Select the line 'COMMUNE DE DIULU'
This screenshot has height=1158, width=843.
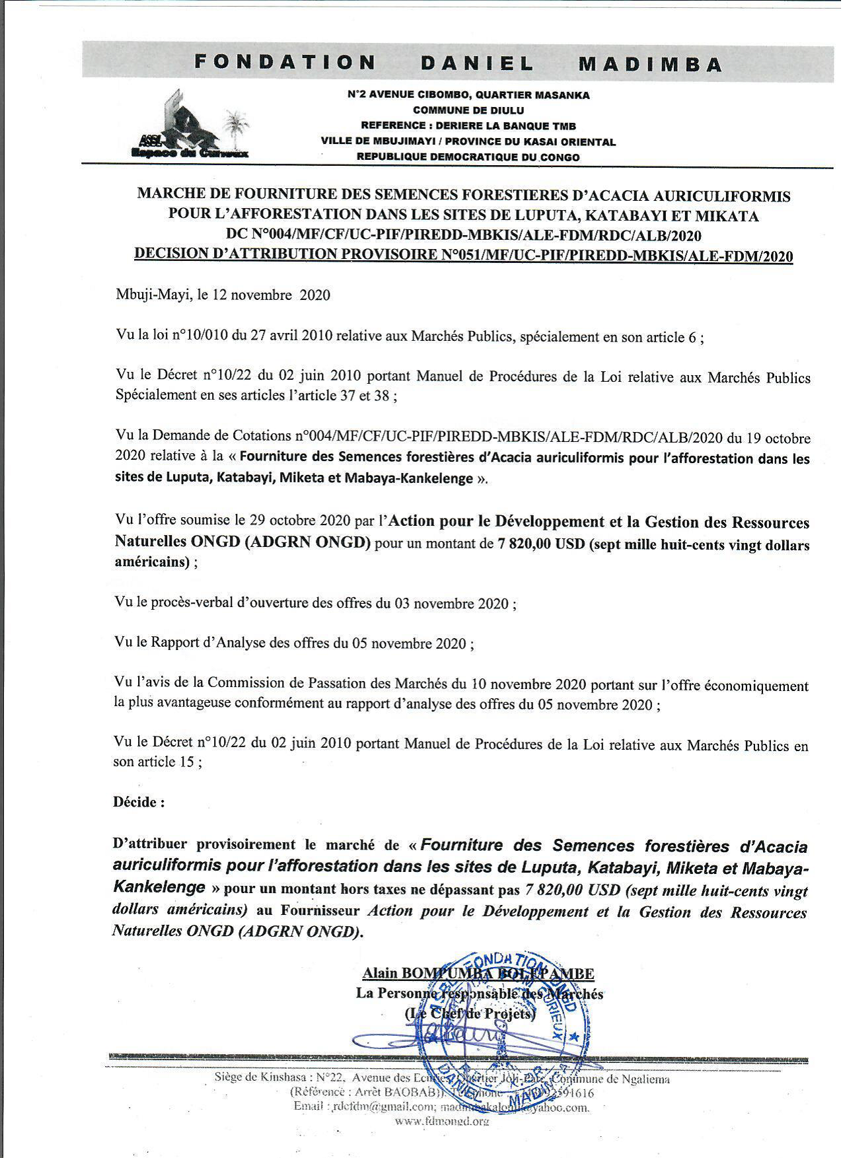(468, 110)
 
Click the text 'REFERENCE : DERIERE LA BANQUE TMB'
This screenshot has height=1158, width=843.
(468, 126)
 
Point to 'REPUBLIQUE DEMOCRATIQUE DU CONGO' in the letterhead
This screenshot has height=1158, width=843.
(468, 157)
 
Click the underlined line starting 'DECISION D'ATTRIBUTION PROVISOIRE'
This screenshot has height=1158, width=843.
(463, 256)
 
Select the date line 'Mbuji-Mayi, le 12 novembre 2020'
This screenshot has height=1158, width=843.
(223, 295)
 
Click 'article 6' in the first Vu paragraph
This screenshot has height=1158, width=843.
(673, 338)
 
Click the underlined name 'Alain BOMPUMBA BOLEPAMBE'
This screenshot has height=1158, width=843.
(478, 973)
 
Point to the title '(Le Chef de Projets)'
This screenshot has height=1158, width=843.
(469, 1013)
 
